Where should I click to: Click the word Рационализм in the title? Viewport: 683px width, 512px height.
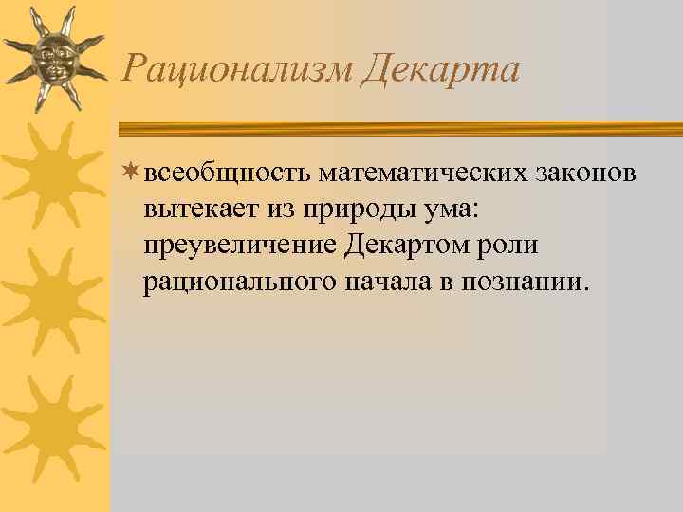click(237, 69)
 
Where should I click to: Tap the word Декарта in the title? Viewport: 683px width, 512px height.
click(441, 69)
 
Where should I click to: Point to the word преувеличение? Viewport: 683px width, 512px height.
click(238, 247)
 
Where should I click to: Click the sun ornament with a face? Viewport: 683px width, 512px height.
click(54, 59)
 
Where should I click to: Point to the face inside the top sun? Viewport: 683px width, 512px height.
click(54, 59)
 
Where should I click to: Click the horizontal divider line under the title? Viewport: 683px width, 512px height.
click(398, 128)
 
